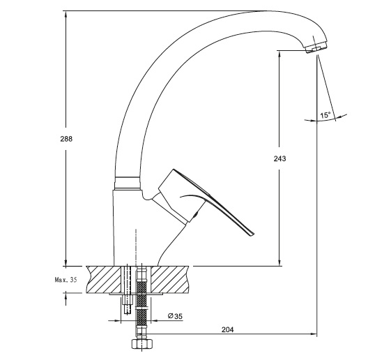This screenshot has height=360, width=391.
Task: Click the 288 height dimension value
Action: pyautogui.click(x=66, y=139)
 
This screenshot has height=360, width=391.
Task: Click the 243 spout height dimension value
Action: pyautogui.click(x=279, y=158)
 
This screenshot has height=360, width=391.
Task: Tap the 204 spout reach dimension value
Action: pyautogui.click(x=228, y=329)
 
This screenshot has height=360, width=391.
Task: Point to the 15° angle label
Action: pyautogui.click(x=325, y=115)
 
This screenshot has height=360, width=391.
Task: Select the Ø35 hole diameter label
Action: pyautogui.click(x=175, y=316)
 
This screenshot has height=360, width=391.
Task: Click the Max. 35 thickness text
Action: pyautogui.click(x=66, y=280)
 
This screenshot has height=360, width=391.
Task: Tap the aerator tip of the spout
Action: pyautogui.click(x=316, y=47)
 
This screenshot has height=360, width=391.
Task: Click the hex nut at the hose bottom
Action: pyautogui.click(x=142, y=344)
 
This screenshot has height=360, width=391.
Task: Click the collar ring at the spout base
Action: pyautogui.click(x=127, y=183)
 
